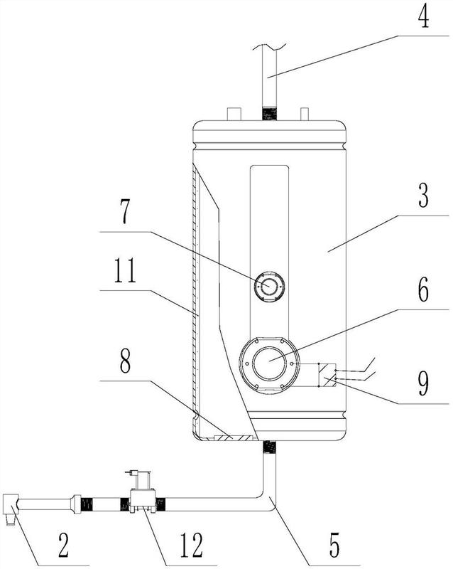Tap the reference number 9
[424, 385]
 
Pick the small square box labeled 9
[328, 374]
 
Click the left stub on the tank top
[232, 114]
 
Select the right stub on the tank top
[304, 114]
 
